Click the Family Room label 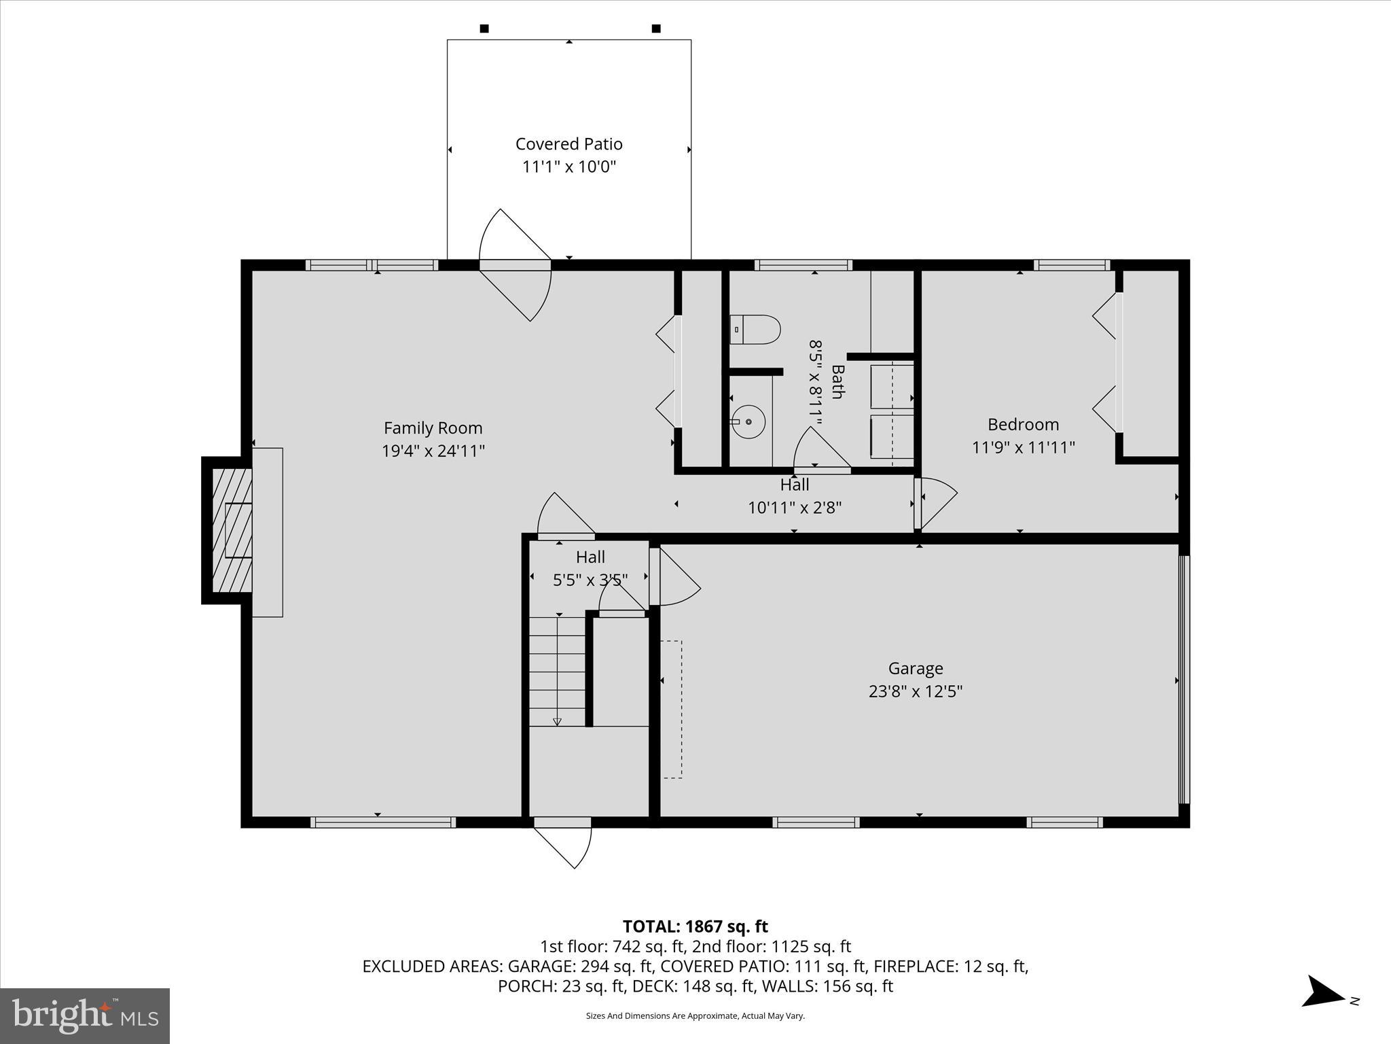pyautogui.click(x=433, y=428)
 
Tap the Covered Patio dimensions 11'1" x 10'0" pyautogui.click(x=568, y=167)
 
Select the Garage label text pyautogui.click(x=915, y=668)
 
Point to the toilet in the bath pyautogui.click(x=755, y=330)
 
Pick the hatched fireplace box pyautogui.click(x=232, y=530)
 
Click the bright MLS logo pyautogui.click(x=84, y=1015)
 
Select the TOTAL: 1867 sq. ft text pyautogui.click(x=695, y=926)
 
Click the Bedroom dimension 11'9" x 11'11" pyautogui.click(x=1023, y=447)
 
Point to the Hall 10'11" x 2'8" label pyautogui.click(x=794, y=496)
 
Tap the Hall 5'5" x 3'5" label pyautogui.click(x=590, y=568)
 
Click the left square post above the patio pyautogui.click(x=484, y=29)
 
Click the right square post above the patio pyautogui.click(x=656, y=29)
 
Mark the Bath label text pyautogui.click(x=837, y=382)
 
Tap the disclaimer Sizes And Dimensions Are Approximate pyautogui.click(x=695, y=1015)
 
